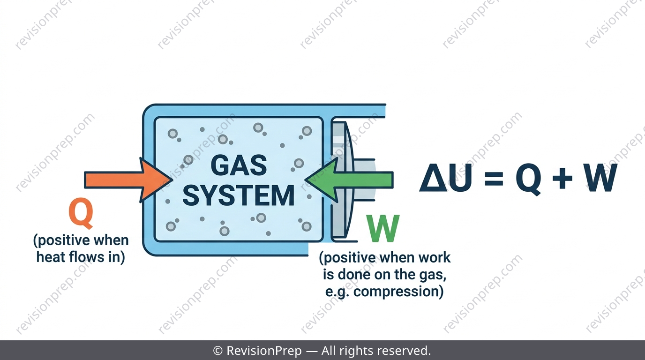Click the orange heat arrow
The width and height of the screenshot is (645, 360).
(x=128, y=180)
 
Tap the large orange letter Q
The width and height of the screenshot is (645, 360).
(x=81, y=213)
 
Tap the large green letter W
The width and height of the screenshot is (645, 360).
(x=383, y=228)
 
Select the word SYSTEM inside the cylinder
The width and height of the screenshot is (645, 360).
(x=239, y=195)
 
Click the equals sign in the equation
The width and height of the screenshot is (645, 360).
(x=494, y=178)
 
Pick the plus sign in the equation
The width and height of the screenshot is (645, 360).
(x=562, y=178)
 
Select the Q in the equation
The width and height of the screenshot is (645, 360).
(x=528, y=179)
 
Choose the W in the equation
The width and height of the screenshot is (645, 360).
(x=601, y=178)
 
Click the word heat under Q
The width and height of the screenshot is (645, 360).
(x=51, y=257)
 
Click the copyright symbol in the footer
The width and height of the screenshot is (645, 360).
(x=218, y=351)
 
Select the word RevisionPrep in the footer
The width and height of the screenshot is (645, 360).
(x=264, y=351)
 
